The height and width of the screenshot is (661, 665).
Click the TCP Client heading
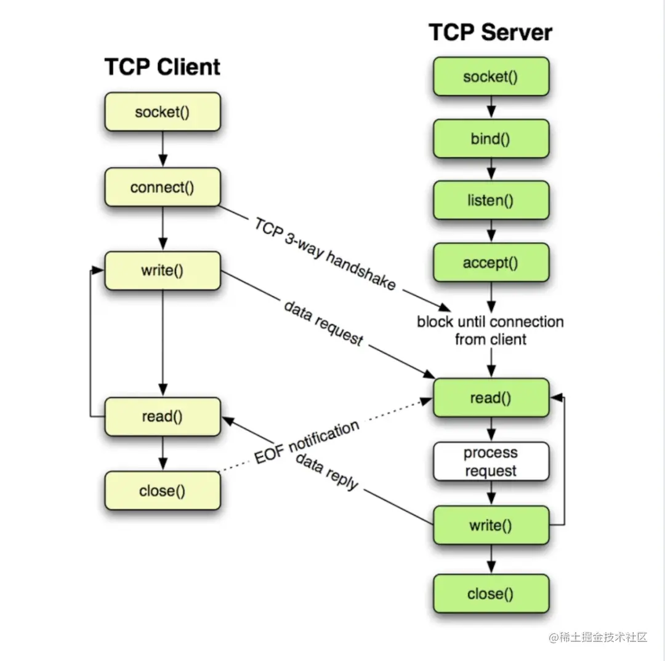click(162, 66)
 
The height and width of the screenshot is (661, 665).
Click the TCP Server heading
click(490, 32)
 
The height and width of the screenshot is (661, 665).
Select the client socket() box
click(162, 112)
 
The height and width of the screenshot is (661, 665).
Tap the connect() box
click(162, 187)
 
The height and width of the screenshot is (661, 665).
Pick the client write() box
click(162, 271)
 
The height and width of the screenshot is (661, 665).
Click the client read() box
click(162, 416)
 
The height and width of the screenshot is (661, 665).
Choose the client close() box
click(162, 491)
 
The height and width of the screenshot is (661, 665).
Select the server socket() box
click(491, 77)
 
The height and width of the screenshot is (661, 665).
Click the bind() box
click(491, 139)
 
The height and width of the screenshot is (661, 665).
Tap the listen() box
click(491, 200)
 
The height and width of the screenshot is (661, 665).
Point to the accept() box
click(491, 263)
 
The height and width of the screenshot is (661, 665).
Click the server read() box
click(491, 398)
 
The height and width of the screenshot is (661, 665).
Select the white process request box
click(491, 462)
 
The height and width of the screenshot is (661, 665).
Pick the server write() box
click(491, 525)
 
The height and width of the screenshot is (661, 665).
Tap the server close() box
click(491, 593)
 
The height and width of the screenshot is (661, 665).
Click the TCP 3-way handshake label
click(324, 253)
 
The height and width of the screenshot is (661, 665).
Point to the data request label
click(323, 323)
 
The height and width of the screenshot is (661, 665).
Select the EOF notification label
click(306, 443)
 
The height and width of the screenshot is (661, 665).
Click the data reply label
click(327, 472)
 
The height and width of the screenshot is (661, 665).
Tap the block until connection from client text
click(491, 330)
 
